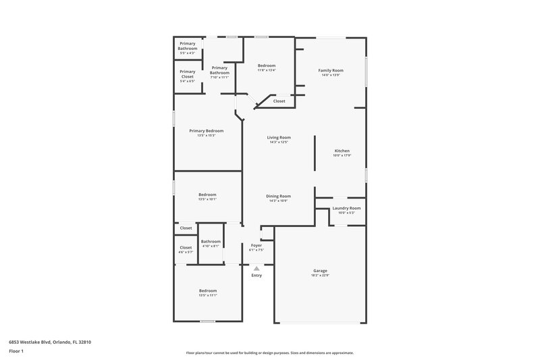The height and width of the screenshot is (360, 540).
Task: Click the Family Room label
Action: (x=331, y=70)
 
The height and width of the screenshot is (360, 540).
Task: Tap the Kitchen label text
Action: (x=342, y=151)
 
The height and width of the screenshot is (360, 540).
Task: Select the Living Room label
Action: (x=279, y=138)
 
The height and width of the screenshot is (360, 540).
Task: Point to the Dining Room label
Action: (x=279, y=196)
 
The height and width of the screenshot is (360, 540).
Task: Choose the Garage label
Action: (x=320, y=270)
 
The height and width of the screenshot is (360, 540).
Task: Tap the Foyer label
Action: (x=256, y=245)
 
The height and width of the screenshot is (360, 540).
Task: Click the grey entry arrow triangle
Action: (x=256, y=268)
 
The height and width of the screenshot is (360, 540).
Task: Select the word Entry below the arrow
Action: (x=256, y=275)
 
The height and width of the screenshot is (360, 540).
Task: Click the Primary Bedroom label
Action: (x=206, y=131)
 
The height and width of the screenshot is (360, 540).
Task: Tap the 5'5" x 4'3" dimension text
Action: (x=187, y=53)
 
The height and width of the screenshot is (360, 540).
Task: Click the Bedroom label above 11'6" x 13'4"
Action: (x=267, y=66)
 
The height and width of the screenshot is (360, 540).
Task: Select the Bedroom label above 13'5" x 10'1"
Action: (x=207, y=195)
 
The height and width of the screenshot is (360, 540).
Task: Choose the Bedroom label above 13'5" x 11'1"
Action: (x=207, y=290)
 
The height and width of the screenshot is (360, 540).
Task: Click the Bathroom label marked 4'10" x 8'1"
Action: (x=211, y=241)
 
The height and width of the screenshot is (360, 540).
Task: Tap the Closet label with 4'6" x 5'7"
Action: (x=186, y=247)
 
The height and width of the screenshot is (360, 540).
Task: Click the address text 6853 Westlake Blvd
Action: (x=49, y=342)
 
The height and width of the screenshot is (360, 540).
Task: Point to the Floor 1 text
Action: (x=16, y=352)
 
